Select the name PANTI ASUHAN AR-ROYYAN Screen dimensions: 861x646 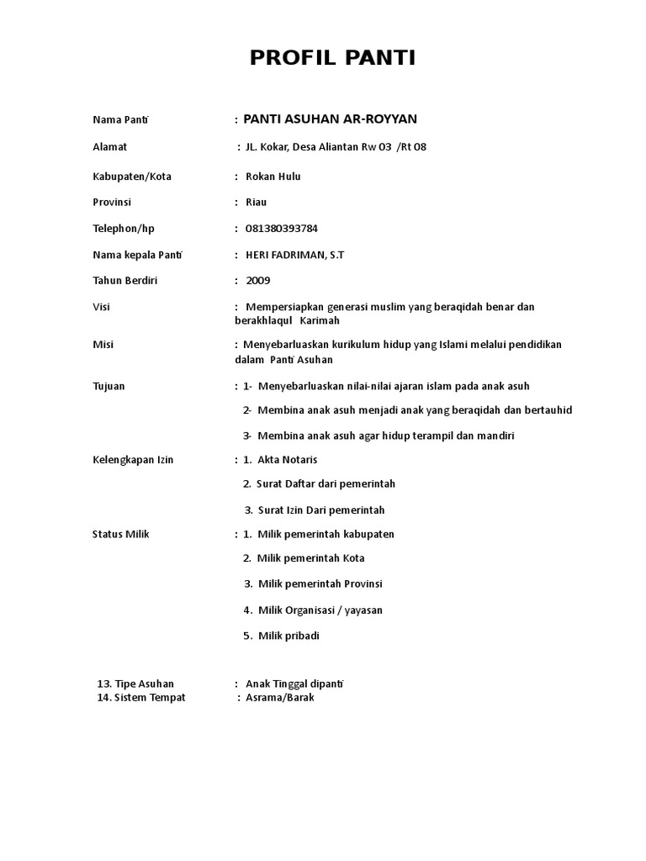point(330,119)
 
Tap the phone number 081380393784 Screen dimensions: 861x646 point(282,229)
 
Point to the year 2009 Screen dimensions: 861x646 point(258,280)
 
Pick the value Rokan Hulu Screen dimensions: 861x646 point(273,177)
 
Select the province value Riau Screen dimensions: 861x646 point(256,203)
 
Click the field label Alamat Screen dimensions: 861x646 point(109,147)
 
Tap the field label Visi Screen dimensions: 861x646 point(101,307)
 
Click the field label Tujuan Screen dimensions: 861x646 point(109,386)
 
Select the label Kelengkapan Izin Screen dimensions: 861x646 point(133,460)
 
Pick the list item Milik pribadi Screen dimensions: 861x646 point(289,636)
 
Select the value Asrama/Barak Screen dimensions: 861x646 point(279,698)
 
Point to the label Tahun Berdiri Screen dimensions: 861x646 point(124,280)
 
